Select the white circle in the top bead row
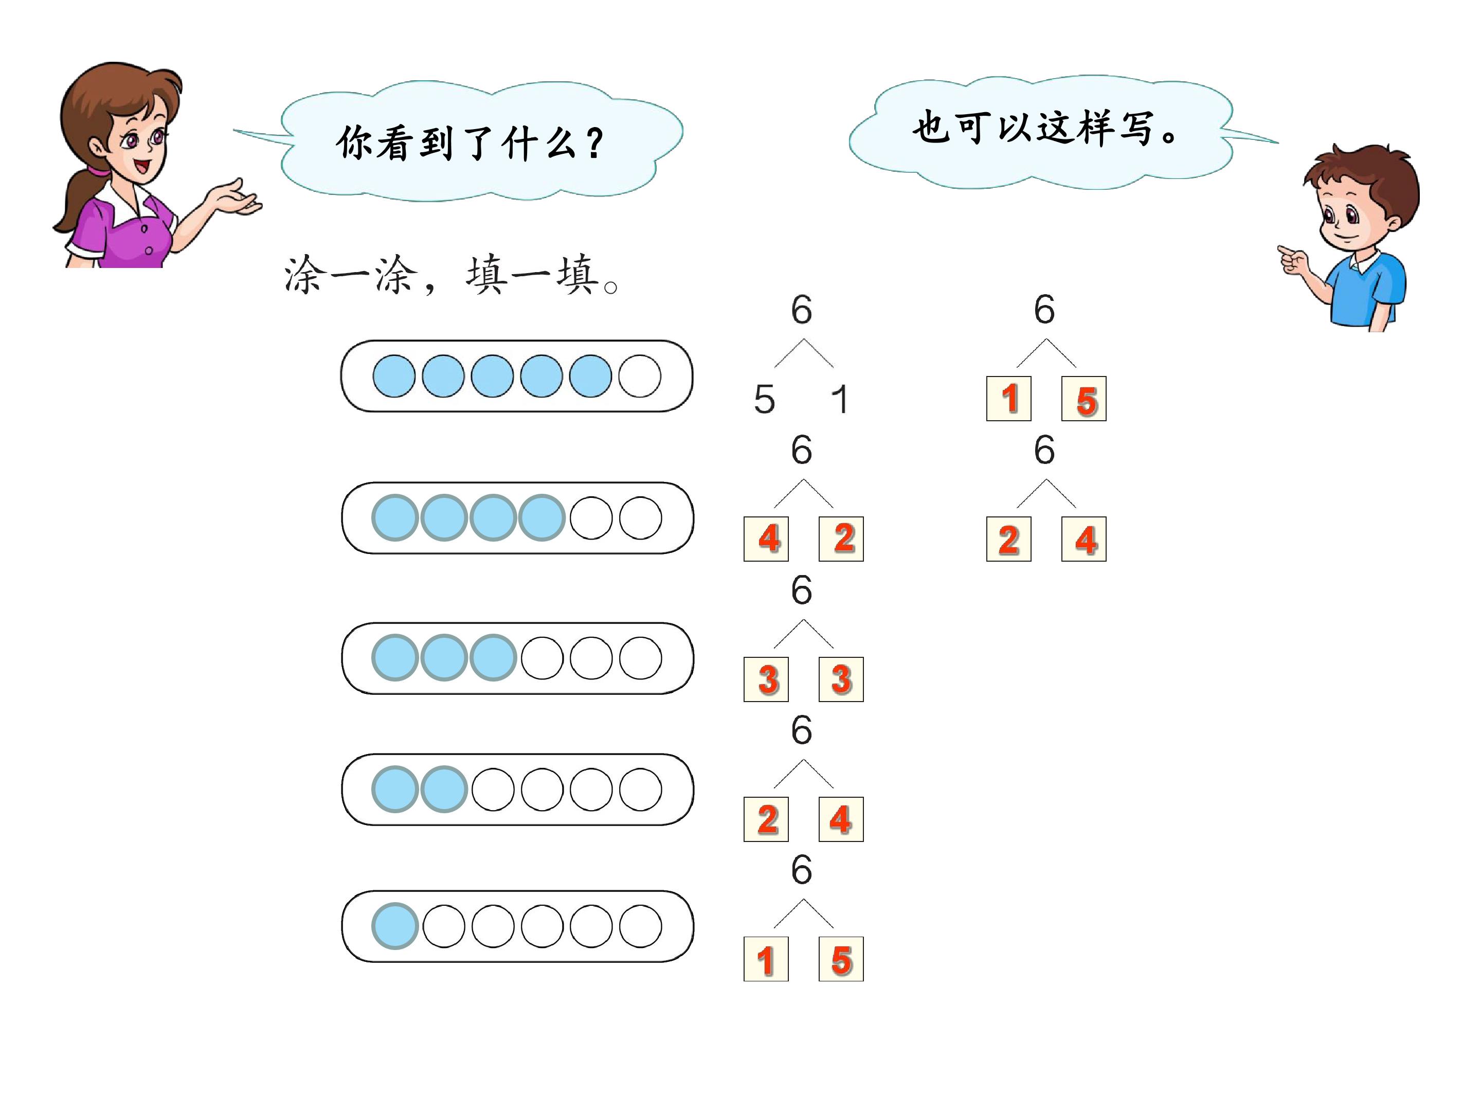tap(639, 375)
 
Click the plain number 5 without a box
tap(764, 399)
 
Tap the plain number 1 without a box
tap(840, 399)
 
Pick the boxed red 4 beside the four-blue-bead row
tap(766, 539)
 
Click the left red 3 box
tap(766, 679)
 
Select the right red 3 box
tap(841, 679)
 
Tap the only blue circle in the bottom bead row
tap(395, 926)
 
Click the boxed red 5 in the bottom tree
tap(841, 959)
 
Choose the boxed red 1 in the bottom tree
tap(766, 959)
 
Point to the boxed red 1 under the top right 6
tap(1008, 399)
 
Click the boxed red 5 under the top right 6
tap(1084, 399)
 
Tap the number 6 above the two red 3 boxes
tap(801, 590)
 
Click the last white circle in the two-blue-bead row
tap(640, 790)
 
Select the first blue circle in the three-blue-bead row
tap(395, 658)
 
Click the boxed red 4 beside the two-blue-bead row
tap(841, 819)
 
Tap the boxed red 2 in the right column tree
tap(1008, 539)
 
